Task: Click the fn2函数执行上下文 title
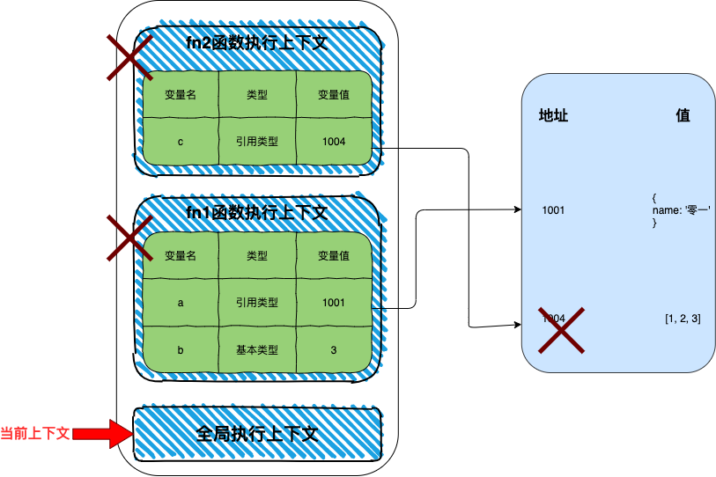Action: pos(257,42)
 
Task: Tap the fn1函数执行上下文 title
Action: pos(257,212)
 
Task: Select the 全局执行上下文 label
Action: pos(257,434)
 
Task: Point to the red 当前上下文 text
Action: pos(35,434)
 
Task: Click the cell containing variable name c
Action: pos(180,141)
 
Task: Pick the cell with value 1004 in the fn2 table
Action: pos(334,141)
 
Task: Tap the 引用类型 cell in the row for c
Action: pos(257,141)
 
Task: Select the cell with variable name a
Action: pos(180,303)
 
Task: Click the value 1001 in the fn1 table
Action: pos(334,303)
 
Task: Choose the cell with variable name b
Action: pos(180,349)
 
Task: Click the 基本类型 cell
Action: pos(257,349)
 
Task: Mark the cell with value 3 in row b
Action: pos(334,349)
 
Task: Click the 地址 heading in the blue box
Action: pos(553,116)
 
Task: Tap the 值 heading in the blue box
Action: pos(683,116)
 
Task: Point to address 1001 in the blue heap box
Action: pos(553,210)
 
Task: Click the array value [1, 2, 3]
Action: pos(683,318)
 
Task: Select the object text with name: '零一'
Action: pos(681,210)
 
